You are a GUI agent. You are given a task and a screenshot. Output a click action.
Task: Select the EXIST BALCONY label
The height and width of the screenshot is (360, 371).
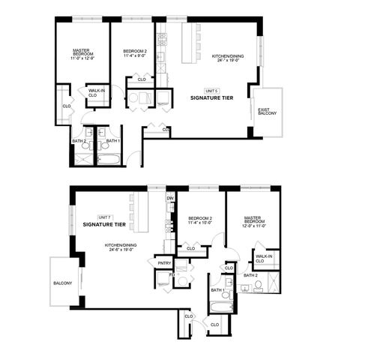(268, 112)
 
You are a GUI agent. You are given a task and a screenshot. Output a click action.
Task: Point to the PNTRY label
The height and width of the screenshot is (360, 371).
(164, 263)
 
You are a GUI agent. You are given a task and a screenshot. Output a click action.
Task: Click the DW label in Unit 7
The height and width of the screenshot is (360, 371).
(170, 198)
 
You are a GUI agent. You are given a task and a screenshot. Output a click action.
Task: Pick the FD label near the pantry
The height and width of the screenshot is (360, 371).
(172, 275)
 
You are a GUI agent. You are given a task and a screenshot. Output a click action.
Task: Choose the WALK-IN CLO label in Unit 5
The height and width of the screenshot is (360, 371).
(93, 94)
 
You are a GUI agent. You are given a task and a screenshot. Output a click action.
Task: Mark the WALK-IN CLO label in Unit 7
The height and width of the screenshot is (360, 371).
(263, 259)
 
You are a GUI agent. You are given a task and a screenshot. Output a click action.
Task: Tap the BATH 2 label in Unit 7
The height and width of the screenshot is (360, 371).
(250, 275)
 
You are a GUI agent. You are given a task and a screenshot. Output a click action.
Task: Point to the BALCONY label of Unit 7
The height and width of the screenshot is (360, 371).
(63, 283)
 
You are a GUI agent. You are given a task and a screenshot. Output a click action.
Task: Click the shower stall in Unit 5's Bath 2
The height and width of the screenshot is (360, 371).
(80, 160)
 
